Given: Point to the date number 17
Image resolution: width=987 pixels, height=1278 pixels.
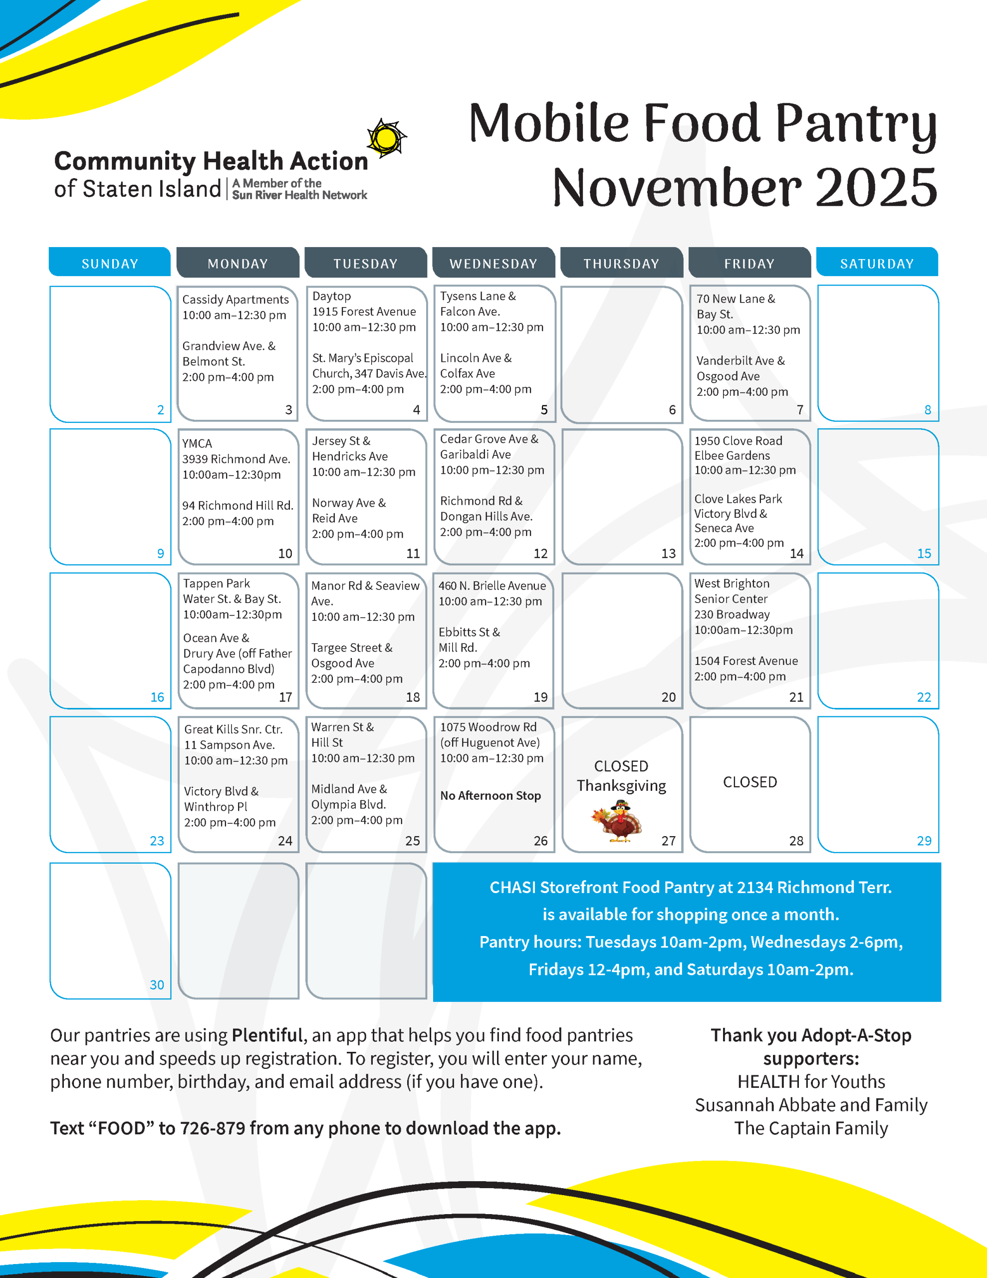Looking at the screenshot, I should (285, 697).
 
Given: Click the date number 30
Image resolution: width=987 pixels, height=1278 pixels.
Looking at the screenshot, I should (157, 985).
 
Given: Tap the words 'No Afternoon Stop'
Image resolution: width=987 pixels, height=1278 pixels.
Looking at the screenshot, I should (491, 795).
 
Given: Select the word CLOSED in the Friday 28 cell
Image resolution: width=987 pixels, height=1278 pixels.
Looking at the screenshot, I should (749, 782).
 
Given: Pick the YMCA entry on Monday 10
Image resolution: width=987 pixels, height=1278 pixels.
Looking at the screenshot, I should (197, 443).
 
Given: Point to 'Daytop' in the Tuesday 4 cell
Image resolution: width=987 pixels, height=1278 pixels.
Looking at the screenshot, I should (332, 296).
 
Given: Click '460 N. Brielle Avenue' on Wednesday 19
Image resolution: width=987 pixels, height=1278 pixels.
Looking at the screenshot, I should (492, 586).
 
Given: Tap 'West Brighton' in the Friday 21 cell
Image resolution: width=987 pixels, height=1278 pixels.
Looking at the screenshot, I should (732, 584).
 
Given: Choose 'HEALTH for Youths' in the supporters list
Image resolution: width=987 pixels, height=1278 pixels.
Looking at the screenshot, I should (811, 1081).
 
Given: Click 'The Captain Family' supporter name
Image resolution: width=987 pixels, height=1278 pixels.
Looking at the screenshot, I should (811, 1128).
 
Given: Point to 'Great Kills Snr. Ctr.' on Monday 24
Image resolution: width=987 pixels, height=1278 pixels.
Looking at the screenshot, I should (234, 729).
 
